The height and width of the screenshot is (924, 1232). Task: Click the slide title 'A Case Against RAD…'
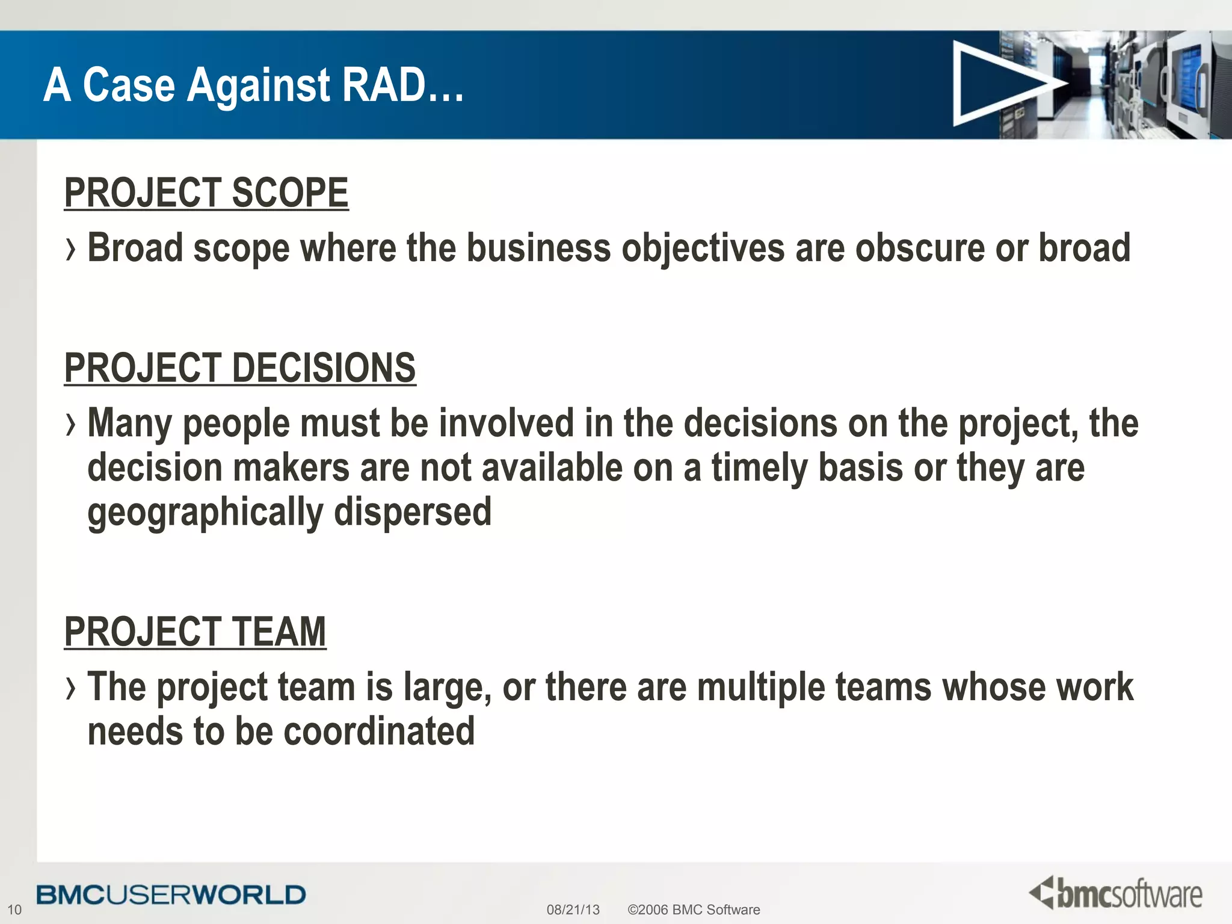tap(253, 85)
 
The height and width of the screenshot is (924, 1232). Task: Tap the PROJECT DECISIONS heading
tap(240, 368)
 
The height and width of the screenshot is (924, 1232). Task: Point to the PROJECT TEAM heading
tap(195, 632)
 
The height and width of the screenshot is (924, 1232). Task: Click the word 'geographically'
tap(205, 513)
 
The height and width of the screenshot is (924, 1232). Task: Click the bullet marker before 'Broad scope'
tap(72, 249)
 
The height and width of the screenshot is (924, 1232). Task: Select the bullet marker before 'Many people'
tap(72, 424)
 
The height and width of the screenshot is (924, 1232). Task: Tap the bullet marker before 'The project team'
tap(72, 688)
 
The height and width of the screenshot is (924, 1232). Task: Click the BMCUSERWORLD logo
tap(171, 895)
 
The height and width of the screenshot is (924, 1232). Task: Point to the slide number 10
tap(14, 910)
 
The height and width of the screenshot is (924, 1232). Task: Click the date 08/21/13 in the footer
tap(573, 910)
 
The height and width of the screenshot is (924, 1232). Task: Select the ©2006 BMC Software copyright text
tap(694, 910)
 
